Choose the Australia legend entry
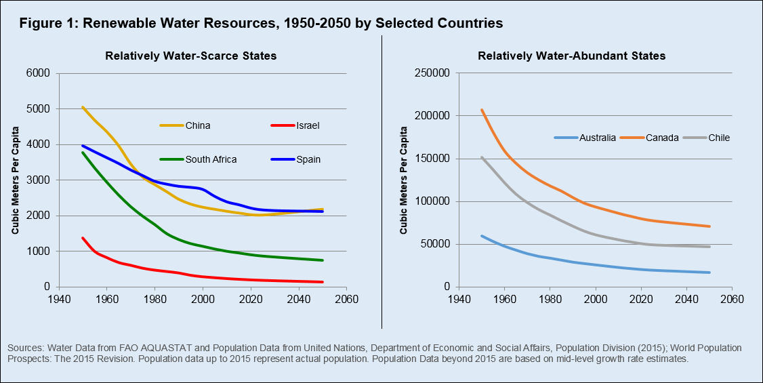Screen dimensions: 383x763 click(585, 138)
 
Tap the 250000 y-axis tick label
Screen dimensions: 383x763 click(432, 73)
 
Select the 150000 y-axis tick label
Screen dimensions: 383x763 click(432, 159)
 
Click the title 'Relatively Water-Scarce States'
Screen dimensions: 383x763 click(190, 56)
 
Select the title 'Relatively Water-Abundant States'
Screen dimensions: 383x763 click(571, 56)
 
